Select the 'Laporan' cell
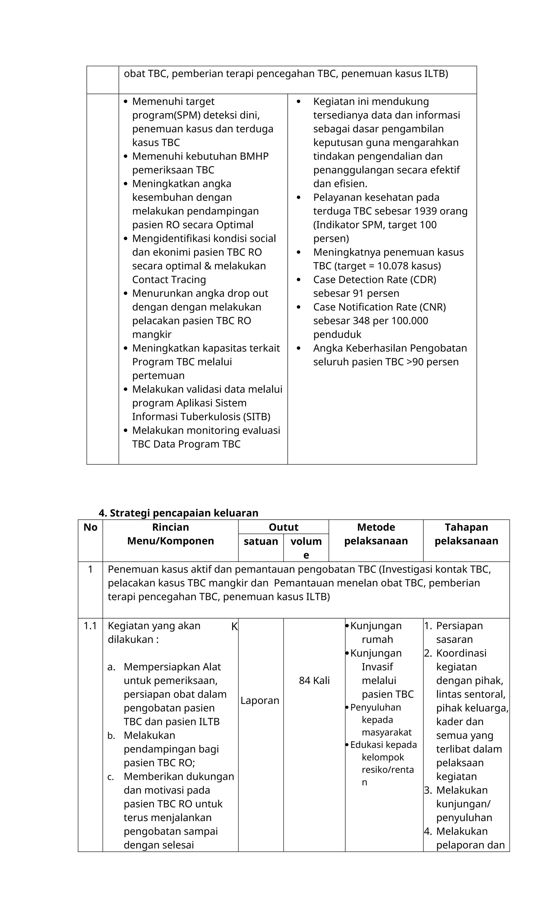pyautogui.click(x=260, y=700)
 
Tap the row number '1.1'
pyautogui.click(x=90, y=626)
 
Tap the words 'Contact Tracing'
pyautogui.click(x=169, y=280)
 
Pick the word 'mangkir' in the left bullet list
pyautogui.click(x=152, y=334)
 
